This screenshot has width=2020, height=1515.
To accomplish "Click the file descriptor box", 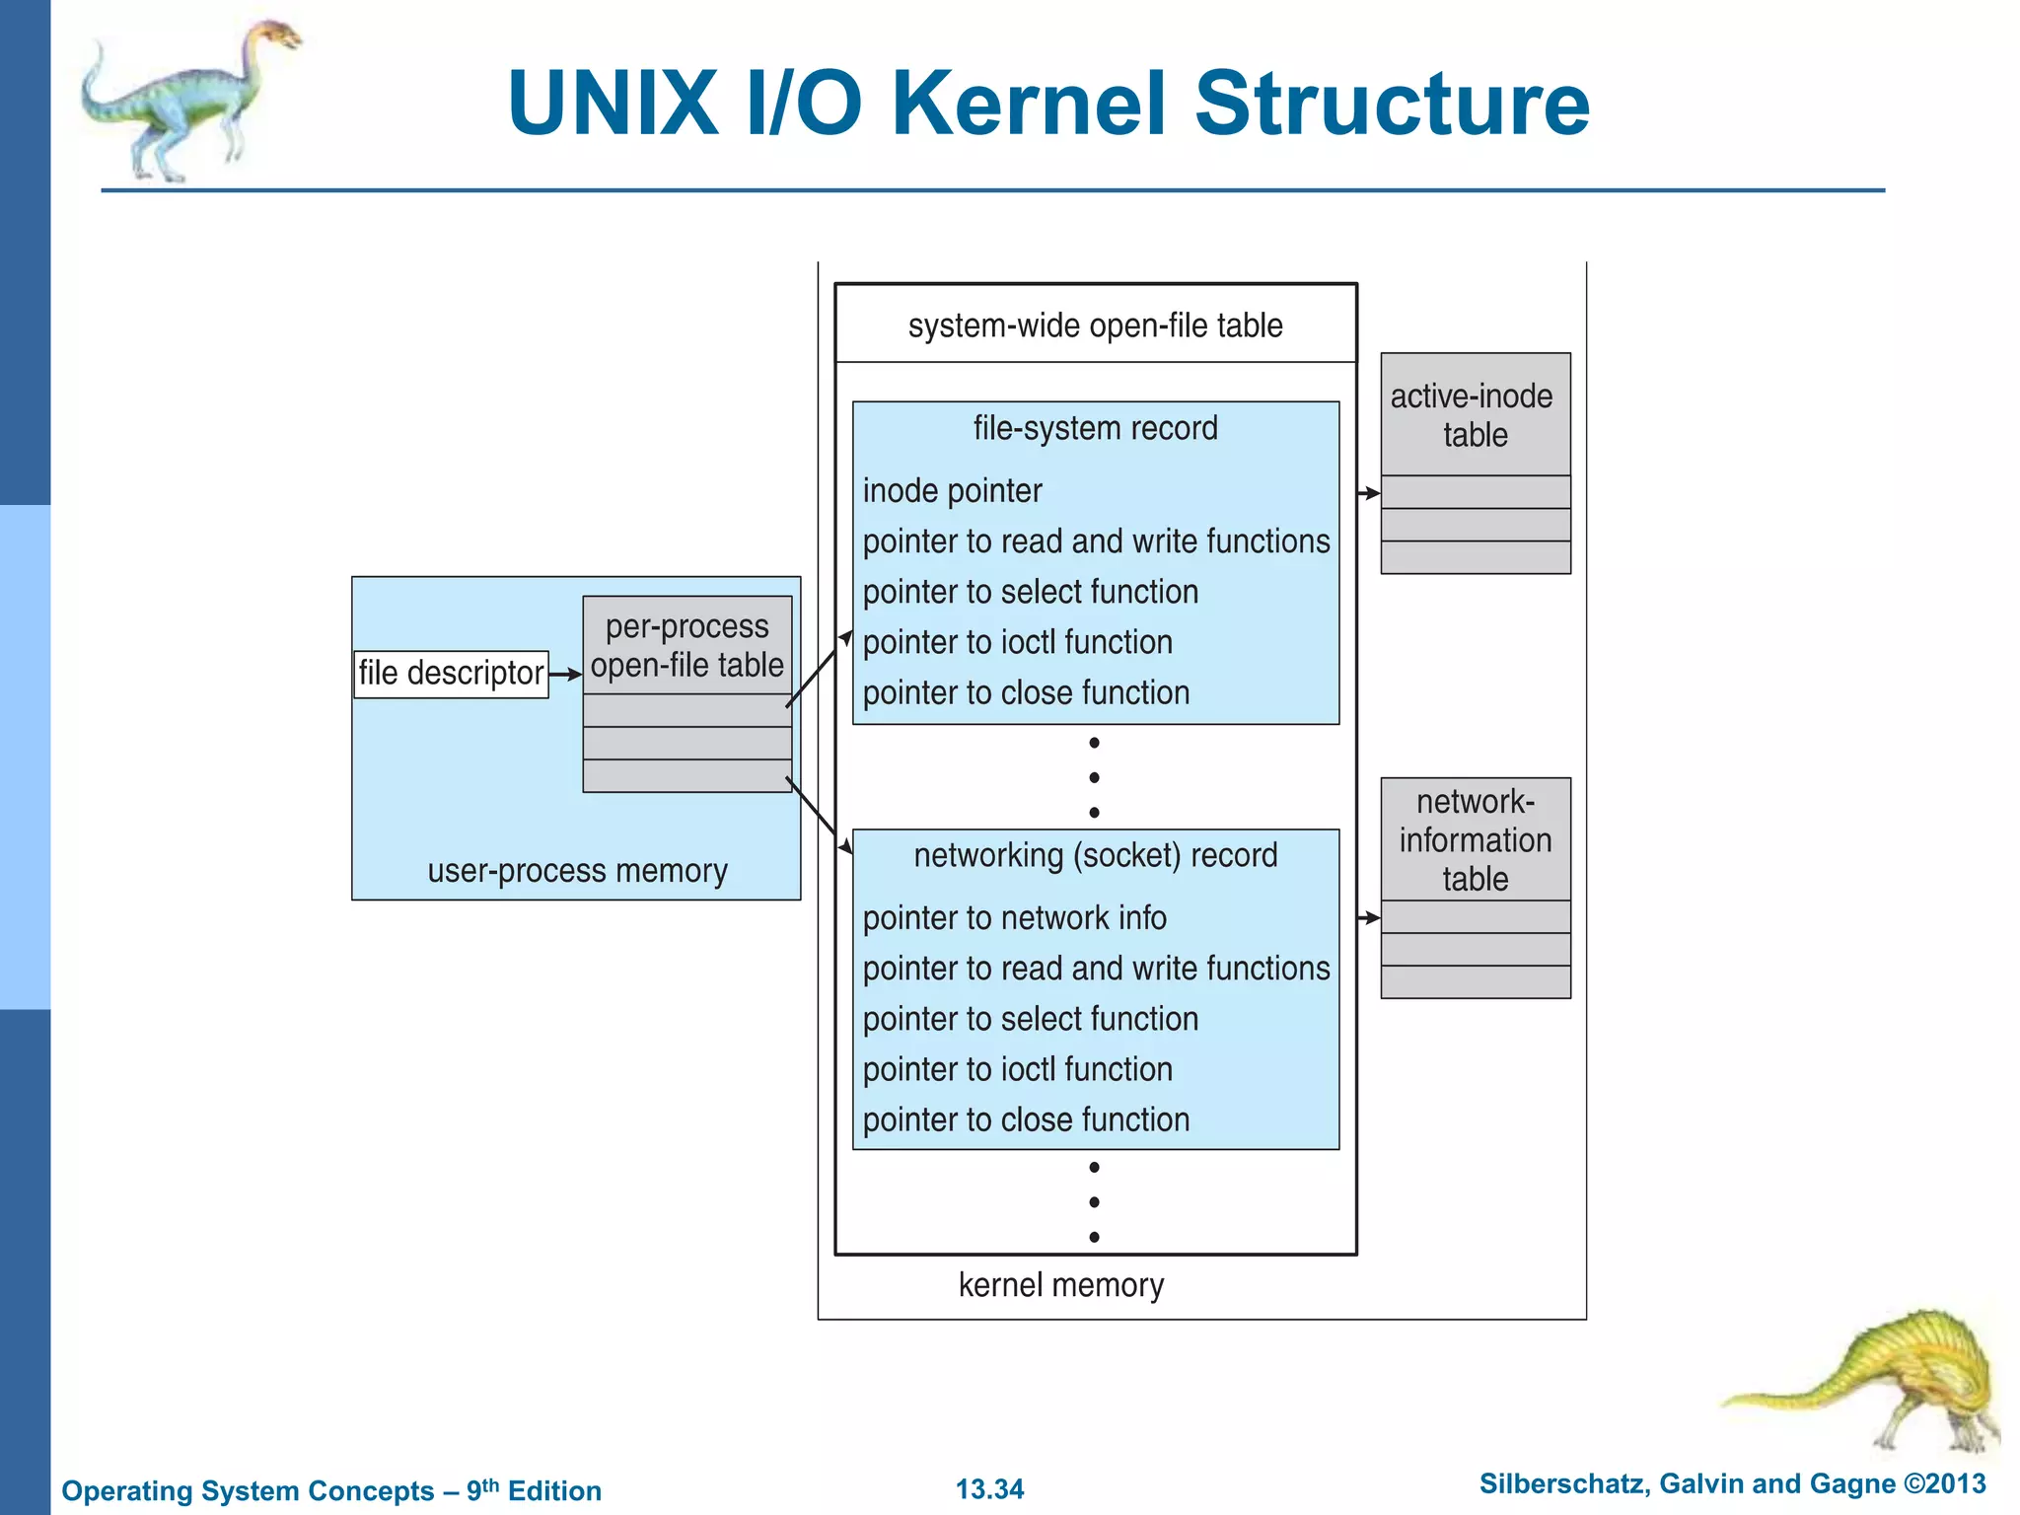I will tap(451, 674).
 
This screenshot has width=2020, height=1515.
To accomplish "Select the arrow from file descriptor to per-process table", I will tap(565, 675).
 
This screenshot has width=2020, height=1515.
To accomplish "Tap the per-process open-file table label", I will tap(686, 646).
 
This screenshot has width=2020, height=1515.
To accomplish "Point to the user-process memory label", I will tap(577, 871).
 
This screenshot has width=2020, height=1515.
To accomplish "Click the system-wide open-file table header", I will tap(1095, 325).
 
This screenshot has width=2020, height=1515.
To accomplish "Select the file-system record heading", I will tap(1095, 428).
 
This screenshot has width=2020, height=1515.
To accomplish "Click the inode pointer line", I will tap(952, 491).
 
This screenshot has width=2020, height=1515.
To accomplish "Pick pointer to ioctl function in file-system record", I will tap(1017, 642).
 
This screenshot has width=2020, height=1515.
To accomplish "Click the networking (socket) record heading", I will tap(1095, 855).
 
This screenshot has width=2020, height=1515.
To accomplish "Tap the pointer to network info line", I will tap(1014, 918).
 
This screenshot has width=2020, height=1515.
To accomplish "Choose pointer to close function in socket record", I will tap(1026, 1120).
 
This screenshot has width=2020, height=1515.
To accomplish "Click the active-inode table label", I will tap(1474, 415).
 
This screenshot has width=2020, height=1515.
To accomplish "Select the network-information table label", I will tap(1475, 840).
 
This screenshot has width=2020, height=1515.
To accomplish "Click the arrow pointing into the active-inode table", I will tap(1369, 493).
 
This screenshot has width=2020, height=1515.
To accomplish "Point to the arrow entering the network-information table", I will tap(1369, 918).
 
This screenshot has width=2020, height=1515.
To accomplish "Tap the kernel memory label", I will tap(1060, 1285).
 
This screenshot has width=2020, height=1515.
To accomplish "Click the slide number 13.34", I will tap(989, 1489).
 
